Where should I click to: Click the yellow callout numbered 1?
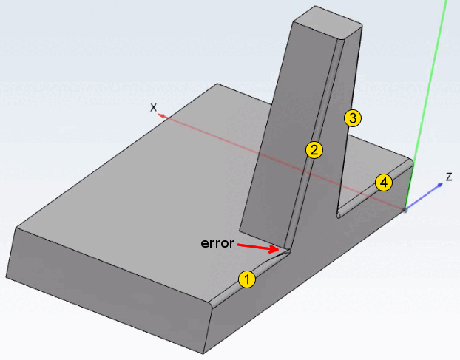[x=247, y=279]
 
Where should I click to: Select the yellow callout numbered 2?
[x=314, y=150]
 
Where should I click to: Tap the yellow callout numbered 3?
[x=352, y=118]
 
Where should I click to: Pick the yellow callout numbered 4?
[x=383, y=182]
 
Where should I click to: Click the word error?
[x=217, y=242]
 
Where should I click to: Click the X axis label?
[x=154, y=107]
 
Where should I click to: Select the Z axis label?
[x=448, y=177]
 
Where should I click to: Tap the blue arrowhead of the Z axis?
[x=440, y=185]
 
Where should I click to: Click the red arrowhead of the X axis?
[x=161, y=115]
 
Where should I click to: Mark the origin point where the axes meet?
[x=405, y=210]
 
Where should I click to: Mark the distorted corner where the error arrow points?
[x=283, y=251]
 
